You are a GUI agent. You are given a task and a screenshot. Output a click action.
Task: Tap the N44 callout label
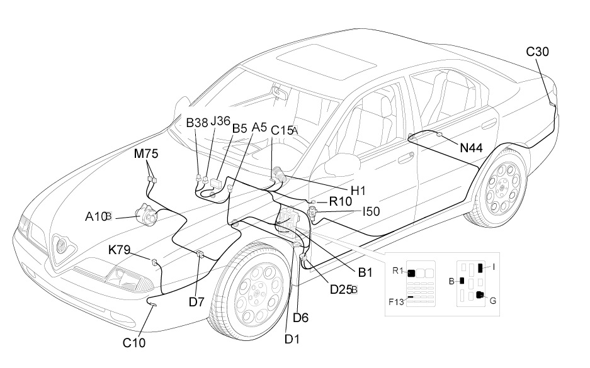[470, 148]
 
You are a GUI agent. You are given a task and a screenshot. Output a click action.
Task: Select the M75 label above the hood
[145, 153]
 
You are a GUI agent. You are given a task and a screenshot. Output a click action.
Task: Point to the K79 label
[119, 250]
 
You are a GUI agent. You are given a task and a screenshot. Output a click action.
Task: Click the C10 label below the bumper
[133, 343]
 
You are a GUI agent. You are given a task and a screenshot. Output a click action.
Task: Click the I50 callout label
[371, 212]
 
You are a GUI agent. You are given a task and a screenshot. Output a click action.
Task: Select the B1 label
[366, 272]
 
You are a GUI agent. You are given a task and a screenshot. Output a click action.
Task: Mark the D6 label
[301, 318]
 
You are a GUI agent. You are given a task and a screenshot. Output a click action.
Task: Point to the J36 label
[220, 121]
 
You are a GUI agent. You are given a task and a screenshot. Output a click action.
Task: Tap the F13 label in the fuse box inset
[397, 301]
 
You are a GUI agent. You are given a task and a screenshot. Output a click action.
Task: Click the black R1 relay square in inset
[412, 273]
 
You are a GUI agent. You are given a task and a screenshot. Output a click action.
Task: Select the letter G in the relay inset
[493, 301]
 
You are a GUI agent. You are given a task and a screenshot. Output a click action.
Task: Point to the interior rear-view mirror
[280, 94]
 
